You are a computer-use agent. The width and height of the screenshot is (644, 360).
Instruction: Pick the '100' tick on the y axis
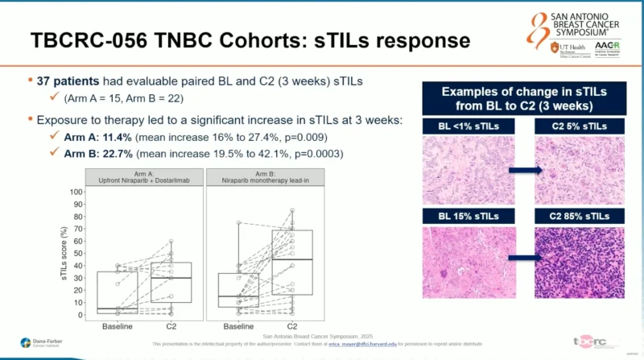[x=76, y=192]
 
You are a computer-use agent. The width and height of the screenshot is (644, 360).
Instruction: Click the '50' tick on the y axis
[x=78, y=253]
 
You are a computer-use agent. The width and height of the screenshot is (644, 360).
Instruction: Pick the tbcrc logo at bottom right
[x=595, y=341]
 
